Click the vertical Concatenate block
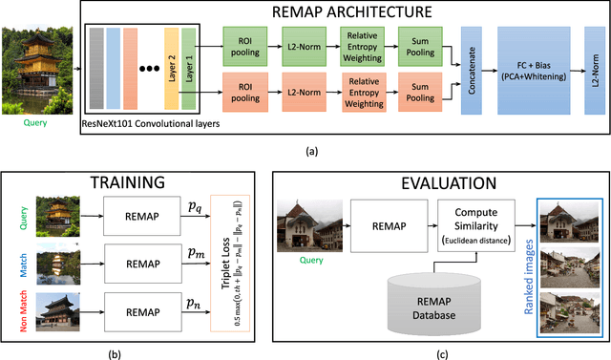(x=467, y=67)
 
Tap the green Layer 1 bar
(x=188, y=67)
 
